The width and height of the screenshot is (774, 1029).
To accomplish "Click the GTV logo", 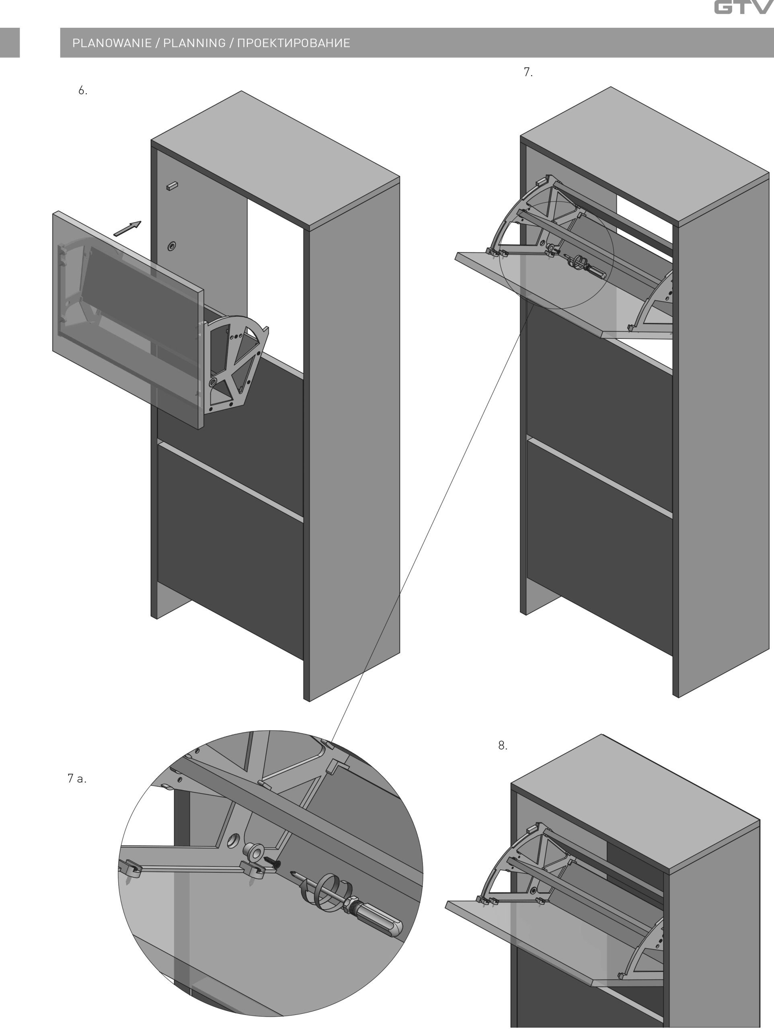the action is point(744,8).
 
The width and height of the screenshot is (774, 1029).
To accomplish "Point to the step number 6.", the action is point(83,91).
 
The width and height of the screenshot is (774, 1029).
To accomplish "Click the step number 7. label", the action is point(528,72).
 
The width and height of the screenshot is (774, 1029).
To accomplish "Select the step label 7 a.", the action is point(77,778).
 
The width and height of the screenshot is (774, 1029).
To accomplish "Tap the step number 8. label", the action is point(503,745).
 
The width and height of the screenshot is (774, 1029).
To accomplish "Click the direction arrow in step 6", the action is point(127,228).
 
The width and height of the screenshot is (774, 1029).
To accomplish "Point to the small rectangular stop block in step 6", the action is point(172,186).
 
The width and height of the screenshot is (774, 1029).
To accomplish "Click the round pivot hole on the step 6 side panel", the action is point(172,246).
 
